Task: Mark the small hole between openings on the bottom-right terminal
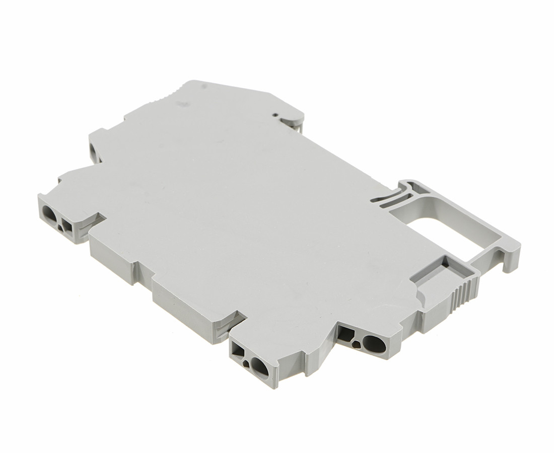pos(357,344)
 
